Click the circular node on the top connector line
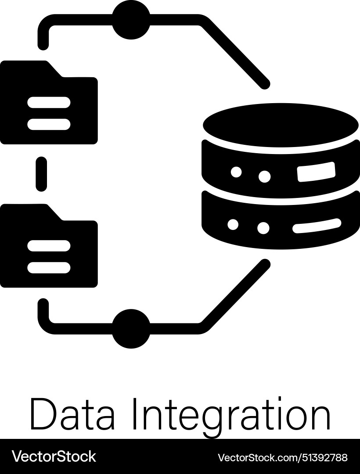pyautogui.click(x=131, y=20)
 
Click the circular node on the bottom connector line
pyautogui.click(x=131, y=328)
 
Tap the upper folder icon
pyautogui.click(x=48, y=105)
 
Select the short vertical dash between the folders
pyautogui.click(x=41, y=174)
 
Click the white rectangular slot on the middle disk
pyautogui.click(x=316, y=172)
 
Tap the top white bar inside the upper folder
pyautogui.click(x=49, y=102)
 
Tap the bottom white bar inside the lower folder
pyautogui.click(x=49, y=267)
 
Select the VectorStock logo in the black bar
pyautogui.click(x=54, y=456)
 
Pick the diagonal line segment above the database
pyautogui.click(x=235, y=53)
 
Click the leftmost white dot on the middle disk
pyautogui.click(x=236, y=172)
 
